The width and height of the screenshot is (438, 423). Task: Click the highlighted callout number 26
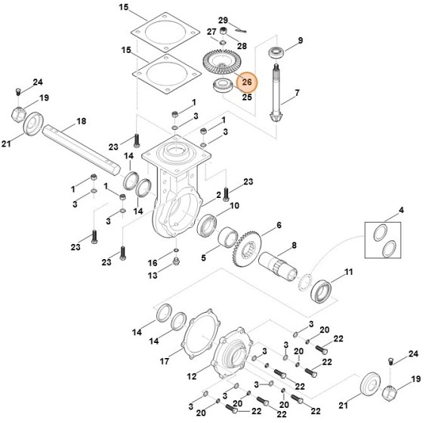[247, 82]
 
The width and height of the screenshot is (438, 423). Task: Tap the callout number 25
[247, 97]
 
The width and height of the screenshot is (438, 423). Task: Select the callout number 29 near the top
[223, 20]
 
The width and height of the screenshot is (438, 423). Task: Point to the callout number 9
[300, 40]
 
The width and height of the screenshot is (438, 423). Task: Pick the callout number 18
[82, 121]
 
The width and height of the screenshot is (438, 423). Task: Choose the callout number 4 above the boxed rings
[401, 209]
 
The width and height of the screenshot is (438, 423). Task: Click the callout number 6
[278, 225]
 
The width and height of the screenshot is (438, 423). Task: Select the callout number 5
[203, 258]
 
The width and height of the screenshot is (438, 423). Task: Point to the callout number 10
[234, 205]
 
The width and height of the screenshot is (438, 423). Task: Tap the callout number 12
[192, 375]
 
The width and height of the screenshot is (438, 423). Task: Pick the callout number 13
[153, 276]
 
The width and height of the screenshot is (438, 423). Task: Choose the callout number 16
[153, 262]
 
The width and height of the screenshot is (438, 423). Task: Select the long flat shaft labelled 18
[79, 144]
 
